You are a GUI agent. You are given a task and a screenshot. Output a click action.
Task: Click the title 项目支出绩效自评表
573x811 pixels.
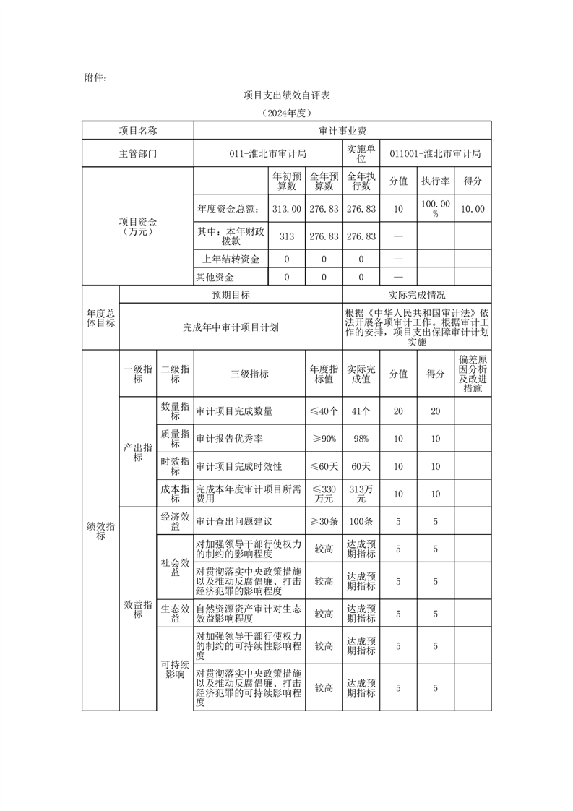[x=287, y=95]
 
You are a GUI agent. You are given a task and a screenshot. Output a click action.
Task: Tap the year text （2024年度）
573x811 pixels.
[x=287, y=113]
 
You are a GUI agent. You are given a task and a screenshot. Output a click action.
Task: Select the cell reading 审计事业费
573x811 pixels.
[x=342, y=131]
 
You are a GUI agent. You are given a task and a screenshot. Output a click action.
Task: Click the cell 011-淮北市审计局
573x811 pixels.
[x=268, y=154]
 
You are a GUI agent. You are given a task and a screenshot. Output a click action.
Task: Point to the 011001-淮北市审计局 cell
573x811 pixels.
[x=435, y=154]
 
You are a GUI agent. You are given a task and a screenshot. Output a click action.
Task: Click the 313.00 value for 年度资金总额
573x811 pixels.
[x=286, y=209]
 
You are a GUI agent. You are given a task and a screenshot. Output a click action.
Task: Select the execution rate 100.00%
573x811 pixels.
[x=436, y=209]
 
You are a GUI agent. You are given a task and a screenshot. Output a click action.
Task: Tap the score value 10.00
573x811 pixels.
[x=473, y=209]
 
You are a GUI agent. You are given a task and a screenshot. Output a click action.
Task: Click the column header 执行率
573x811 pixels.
[x=436, y=181]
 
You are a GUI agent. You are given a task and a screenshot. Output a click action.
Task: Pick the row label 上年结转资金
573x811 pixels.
[x=229, y=259]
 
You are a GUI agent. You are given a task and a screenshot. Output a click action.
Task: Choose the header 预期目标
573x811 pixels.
[x=231, y=295]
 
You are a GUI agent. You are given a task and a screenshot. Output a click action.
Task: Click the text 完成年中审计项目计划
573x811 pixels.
[x=231, y=327]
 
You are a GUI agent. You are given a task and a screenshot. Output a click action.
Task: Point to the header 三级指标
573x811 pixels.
[x=249, y=374]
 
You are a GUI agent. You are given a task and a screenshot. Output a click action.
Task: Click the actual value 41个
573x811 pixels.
[x=361, y=411]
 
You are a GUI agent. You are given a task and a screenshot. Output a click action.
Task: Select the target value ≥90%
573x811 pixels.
[x=324, y=439]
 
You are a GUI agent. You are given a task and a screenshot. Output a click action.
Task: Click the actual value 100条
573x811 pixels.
[x=361, y=521]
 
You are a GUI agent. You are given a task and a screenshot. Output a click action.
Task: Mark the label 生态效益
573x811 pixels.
[x=175, y=614]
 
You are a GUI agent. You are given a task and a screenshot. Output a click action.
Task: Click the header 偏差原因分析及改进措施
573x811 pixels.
[x=473, y=374]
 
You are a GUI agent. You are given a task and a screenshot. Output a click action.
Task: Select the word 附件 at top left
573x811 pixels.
[x=95, y=77]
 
